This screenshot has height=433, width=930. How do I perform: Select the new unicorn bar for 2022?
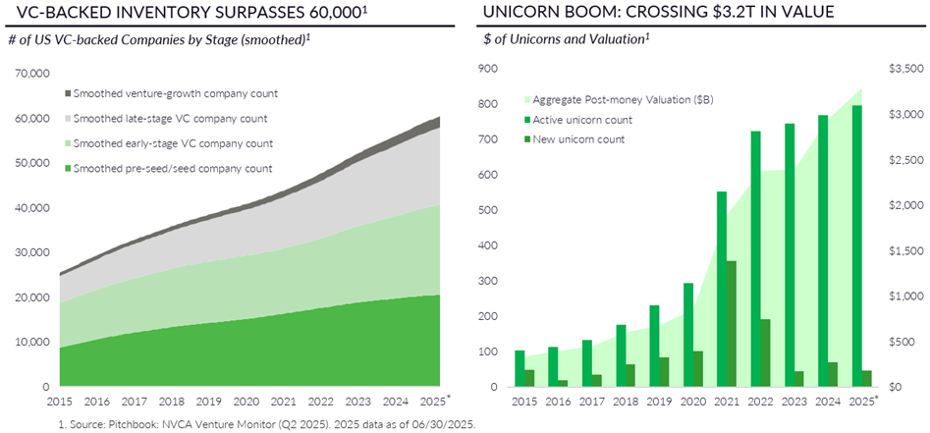point(764,352)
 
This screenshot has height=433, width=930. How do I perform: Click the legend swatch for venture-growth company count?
point(68,93)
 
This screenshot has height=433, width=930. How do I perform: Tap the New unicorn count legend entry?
point(578,139)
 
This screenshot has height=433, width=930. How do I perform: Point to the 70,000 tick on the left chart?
point(32,74)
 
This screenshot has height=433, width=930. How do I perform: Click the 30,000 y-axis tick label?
point(32,252)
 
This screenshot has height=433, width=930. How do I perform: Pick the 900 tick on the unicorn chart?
point(488,69)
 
